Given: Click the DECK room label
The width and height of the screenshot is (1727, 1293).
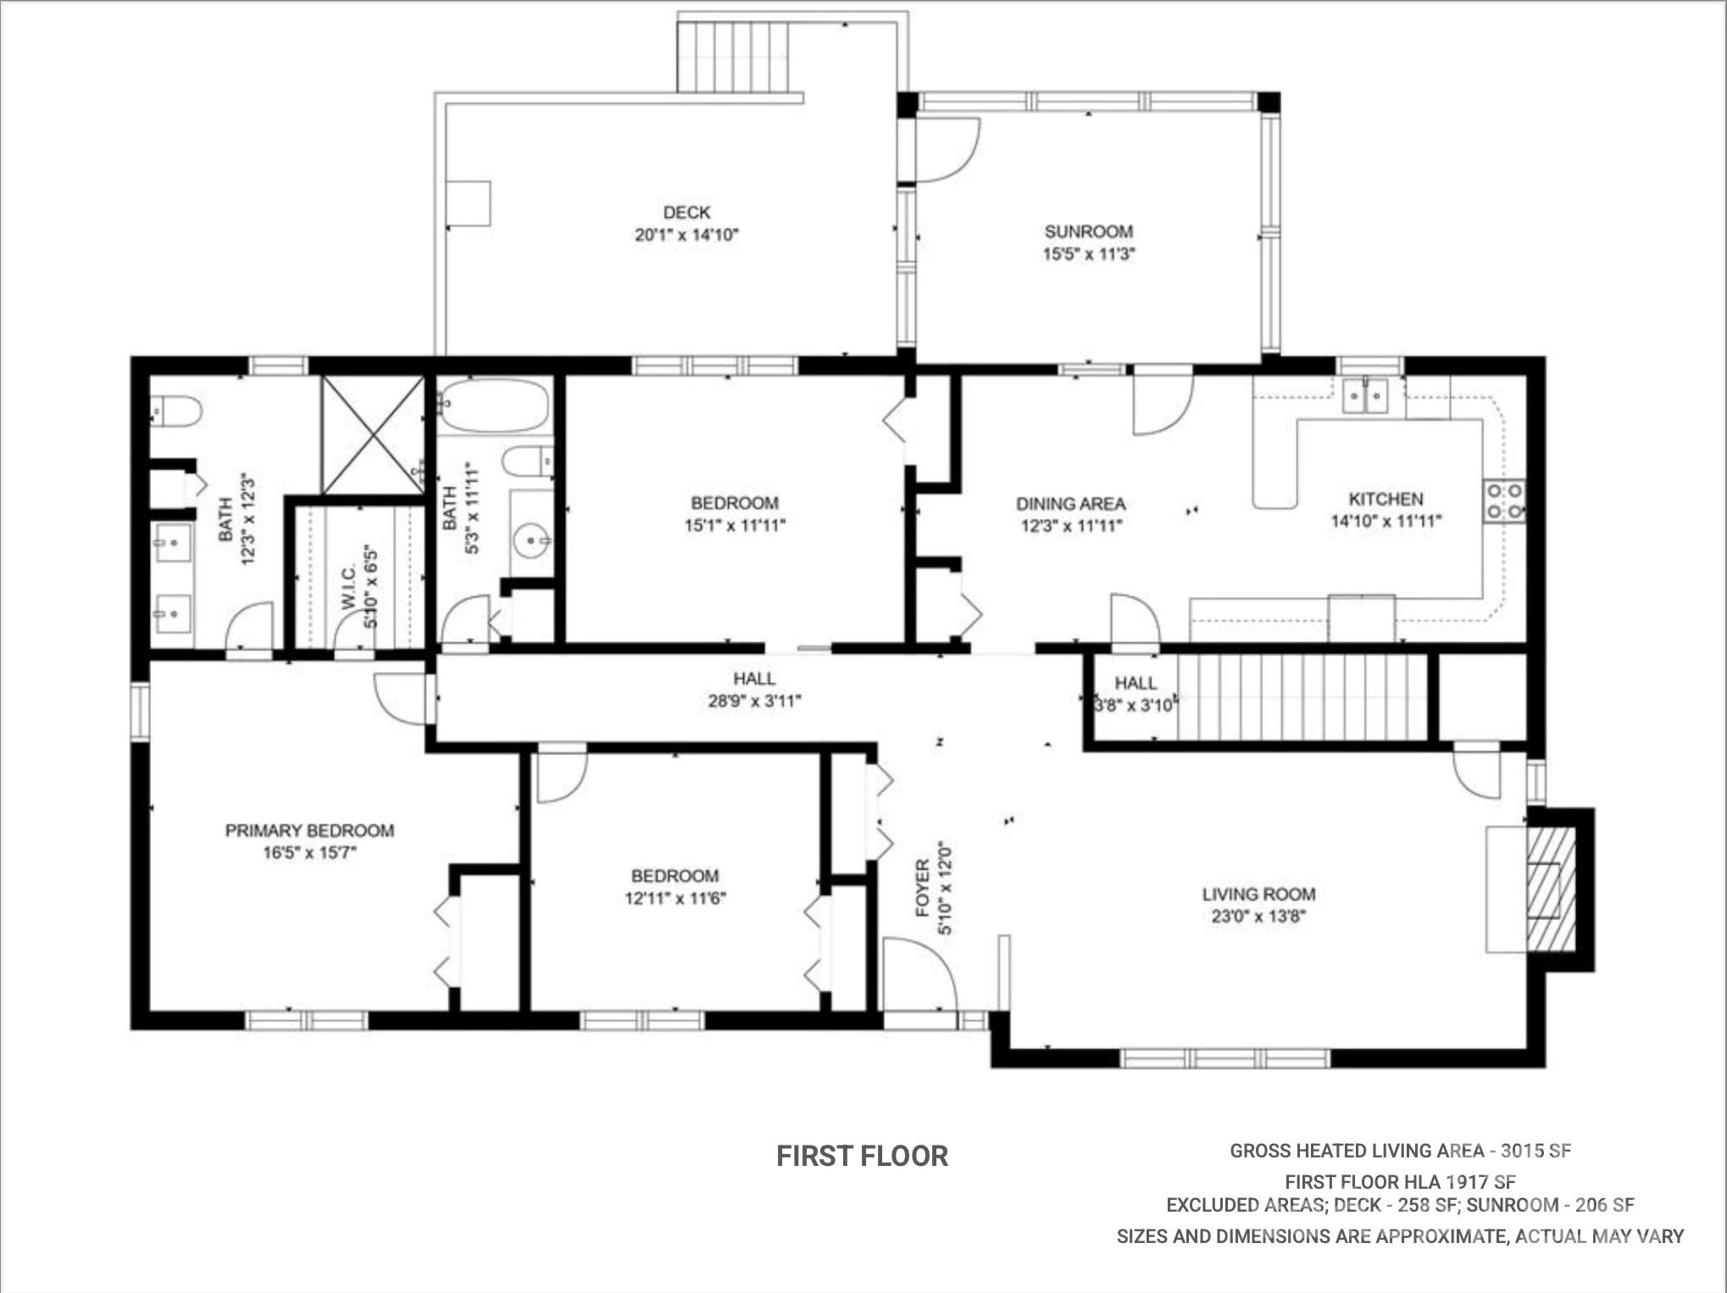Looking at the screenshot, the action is pyautogui.click(x=686, y=213).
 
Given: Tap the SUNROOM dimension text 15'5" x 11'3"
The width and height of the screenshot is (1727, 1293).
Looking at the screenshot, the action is pyautogui.click(x=1088, y=253).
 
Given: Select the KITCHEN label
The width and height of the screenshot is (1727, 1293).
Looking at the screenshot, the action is pyautogui.click(x=1385, y=499).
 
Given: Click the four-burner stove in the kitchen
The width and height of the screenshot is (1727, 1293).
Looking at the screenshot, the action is pyautogui.click(x=1504, y=501).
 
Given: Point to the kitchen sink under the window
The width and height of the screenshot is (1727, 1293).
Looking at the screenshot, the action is pyautogui.click(x=1365, y=396).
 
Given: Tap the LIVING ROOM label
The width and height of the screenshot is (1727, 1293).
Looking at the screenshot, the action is pyautogui.click(x=1258, y=894).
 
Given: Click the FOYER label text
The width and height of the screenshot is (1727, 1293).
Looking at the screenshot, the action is pyautogui.click(x=923, y=888).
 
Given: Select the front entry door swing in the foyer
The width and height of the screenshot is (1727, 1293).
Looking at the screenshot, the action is pyautogui.click(x=919, y=974).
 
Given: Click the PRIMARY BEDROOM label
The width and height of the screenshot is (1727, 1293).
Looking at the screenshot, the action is pyautogui.click(x=309, y=830).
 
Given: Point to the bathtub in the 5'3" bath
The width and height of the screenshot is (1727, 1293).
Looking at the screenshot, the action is pyautogui.click(x=495, y=406).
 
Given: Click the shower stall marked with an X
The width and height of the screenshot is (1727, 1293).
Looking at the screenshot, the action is pyautogui.click(x=373, y=435).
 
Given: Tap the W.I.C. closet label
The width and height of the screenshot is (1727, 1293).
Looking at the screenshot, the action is pyautogui.click(x=348, y=587).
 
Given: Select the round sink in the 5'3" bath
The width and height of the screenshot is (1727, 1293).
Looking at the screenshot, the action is pyautogui.click(x=531, y=539).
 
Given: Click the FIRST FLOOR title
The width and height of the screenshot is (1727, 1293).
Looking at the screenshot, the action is pyautogui.click(x=863, y=1156).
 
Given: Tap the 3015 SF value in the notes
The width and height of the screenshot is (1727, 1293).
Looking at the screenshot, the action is pyautogui.click(x=1535, y=1151).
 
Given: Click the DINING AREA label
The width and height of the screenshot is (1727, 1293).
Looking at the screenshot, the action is pyautogui.click(x=1071, y=503).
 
